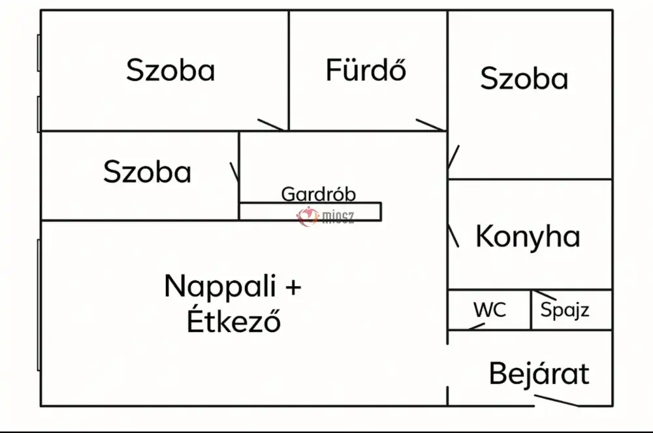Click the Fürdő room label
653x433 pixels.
pos(366,70)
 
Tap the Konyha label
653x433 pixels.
pos(528,236)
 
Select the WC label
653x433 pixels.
pos(490,309)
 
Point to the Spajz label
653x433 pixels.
pos(565,310)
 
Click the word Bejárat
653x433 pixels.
pos(539,374)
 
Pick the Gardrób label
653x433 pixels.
pos(319,194)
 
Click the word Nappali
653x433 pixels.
pos(219,286)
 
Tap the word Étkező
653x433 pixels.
pos(234,321)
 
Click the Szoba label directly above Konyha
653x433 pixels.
pos(524,79)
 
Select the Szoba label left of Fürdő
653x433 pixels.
pos(170,70)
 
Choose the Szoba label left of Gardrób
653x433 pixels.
pos(148,172)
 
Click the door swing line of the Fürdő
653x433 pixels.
pos(431,125)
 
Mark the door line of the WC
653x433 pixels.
pos(477,325)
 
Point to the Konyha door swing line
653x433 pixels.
pos(453,236)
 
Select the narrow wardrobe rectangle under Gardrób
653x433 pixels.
pos(310,211)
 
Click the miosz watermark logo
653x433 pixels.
pos(325,216)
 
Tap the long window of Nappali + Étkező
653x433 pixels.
pos(39,305)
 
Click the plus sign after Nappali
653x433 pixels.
pos(295,286)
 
